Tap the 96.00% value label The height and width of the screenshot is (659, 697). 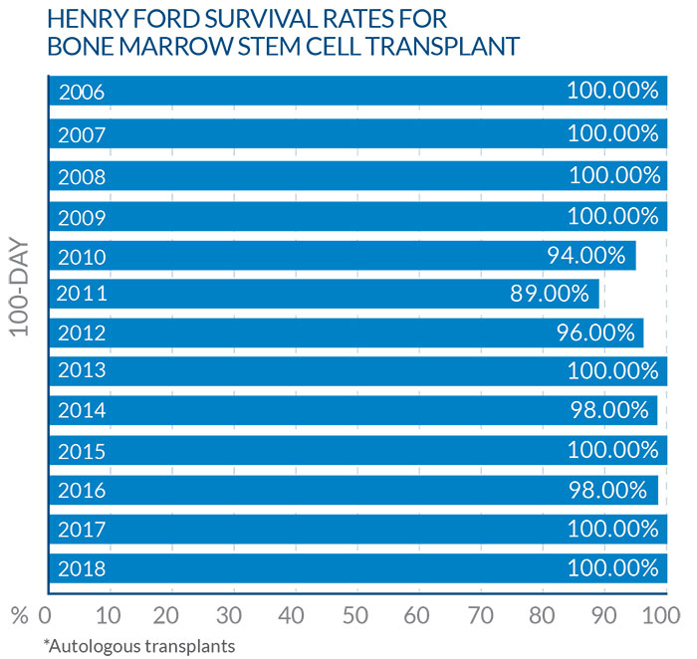click(x=594, y=332)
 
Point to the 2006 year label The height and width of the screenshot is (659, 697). click(x=82, y=93)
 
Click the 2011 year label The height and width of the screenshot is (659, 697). click(x=82, y=294)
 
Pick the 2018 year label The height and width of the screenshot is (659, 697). click(x=82, y=569)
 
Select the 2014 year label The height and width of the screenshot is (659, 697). click(x=82, y=410)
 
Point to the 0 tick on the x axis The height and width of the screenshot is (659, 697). click(x=45, y=613)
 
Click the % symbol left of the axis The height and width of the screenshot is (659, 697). click(x=17, y=614)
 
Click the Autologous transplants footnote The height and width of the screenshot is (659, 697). click(x=138, y=645)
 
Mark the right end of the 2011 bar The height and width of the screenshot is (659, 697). click(x=598, y=294)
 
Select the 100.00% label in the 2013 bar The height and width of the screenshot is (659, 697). click(x=612, y=371)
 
